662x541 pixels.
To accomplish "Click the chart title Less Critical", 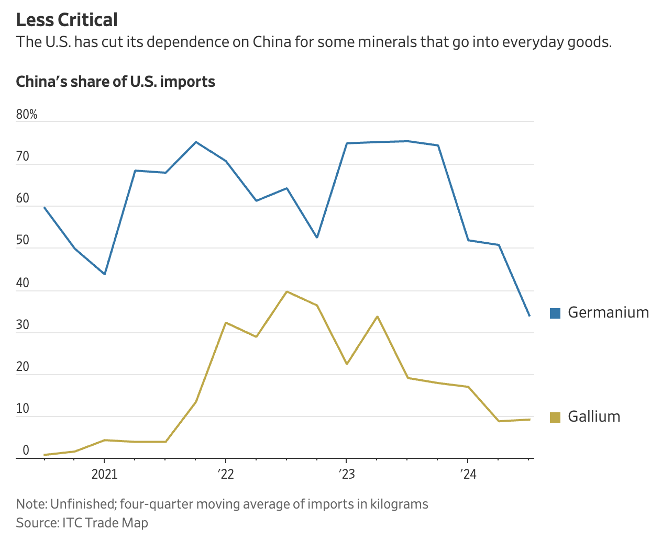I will click(67, 20).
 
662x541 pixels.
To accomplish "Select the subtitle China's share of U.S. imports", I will click(115, 82).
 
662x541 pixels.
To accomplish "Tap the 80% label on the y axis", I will click(27, 115).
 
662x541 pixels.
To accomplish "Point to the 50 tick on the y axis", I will click(23, 241).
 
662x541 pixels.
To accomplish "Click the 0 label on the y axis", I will click(26, 451).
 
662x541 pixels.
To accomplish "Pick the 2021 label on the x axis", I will click(104, 475).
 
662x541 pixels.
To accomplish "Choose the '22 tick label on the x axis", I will click(225, 475).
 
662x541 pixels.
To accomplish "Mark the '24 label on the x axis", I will click(468, 475).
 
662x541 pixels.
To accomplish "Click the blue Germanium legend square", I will click(555, 313).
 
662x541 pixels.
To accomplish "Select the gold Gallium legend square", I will click(555, 417).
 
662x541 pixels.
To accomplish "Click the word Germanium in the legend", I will click(608, 312).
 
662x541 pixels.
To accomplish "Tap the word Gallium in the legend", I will click(594, 416).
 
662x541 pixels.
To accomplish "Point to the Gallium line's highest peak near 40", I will click(286, 291).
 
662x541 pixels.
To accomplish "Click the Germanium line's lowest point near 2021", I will click(105, 274).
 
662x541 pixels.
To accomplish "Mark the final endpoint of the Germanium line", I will click(529, 315).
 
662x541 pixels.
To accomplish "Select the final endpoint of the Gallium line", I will click(529, 419).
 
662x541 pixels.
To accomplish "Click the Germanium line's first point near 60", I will click(44, 207).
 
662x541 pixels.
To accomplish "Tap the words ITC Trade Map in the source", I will click(105, 523).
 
